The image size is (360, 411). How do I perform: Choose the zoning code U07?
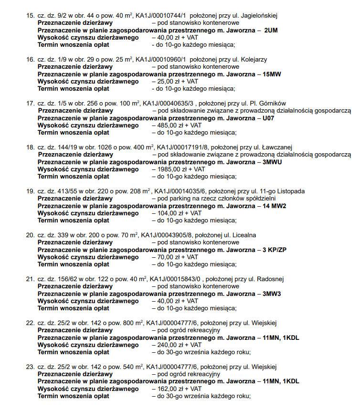tap(269, 117)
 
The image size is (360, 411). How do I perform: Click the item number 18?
tap(30, 147)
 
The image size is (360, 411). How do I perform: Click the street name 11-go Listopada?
tap(282, 191)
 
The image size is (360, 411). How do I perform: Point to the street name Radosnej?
tap(271, 279)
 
